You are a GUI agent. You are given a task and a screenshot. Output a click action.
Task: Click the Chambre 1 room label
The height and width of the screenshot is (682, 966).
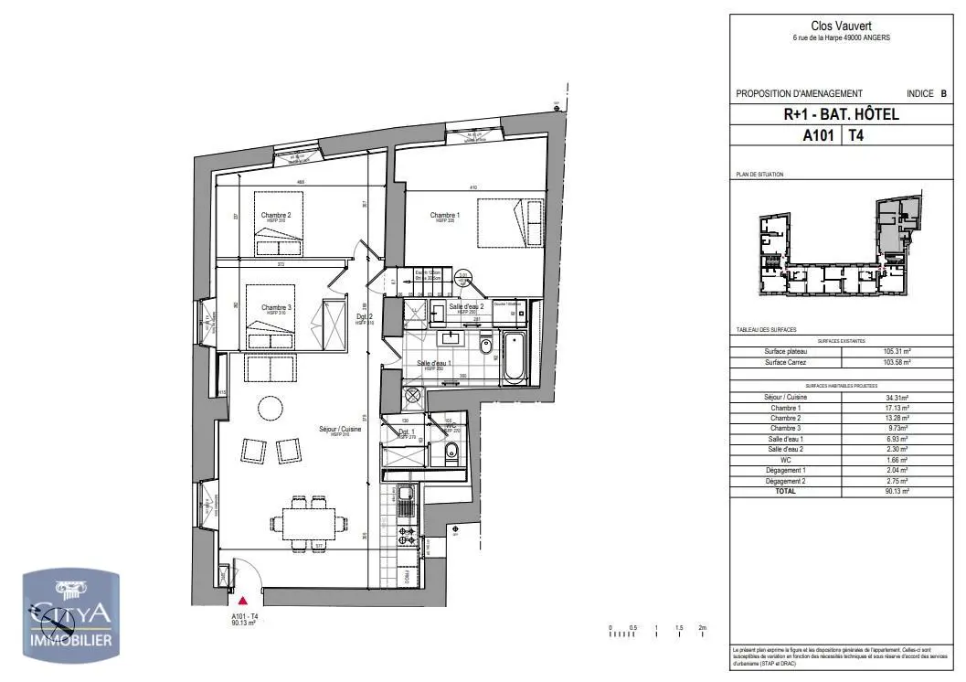click(444, 216)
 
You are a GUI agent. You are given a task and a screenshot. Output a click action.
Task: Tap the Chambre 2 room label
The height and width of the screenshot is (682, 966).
click(275, 215)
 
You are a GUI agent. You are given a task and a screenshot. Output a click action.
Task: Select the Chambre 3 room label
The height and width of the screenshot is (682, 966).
click(275, 308)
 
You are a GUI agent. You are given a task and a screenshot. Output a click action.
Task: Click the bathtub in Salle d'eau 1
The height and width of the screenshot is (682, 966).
click(514, 359)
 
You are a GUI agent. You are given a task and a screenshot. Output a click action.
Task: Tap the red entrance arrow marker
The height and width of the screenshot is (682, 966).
click(242, 601)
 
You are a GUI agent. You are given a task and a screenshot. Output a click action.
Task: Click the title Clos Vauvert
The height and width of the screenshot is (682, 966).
click(842, 27)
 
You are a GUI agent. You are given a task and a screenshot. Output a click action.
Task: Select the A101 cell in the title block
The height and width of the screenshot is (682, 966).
click(821, 135)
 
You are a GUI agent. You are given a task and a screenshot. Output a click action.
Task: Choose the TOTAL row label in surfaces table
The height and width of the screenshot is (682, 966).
click(786, 491)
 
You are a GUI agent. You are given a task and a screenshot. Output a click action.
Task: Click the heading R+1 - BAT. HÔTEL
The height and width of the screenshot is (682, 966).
click(841, 114)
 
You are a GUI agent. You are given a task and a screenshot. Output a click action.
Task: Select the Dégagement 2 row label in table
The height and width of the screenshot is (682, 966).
click(786, 481)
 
